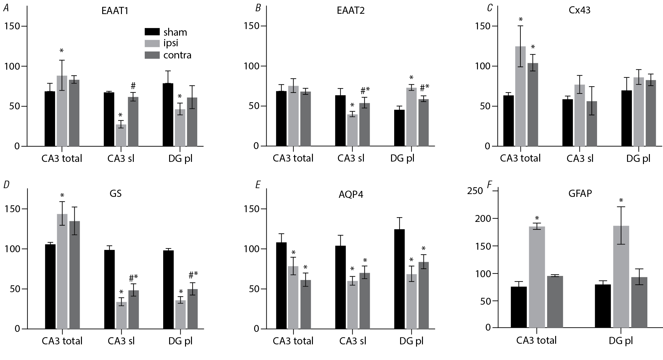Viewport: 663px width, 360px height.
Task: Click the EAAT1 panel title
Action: point(115,11)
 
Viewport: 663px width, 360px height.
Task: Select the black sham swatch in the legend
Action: point(152,32)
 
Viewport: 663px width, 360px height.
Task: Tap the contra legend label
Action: point(177,55)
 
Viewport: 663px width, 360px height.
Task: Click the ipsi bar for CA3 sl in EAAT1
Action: point(121,135)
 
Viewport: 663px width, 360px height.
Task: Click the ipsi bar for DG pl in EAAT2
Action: point(411,117)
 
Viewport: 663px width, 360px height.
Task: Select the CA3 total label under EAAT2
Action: point(293,158)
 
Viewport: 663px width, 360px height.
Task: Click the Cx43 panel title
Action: point(580,10)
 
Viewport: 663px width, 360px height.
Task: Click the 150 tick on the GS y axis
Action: point(13,209)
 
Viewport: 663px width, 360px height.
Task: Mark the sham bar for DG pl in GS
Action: point(168,290)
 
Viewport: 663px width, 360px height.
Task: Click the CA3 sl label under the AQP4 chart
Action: point(353,341)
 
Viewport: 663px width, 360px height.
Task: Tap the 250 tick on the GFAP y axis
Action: point(475,191)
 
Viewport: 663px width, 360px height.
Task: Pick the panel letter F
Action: point(490,185)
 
